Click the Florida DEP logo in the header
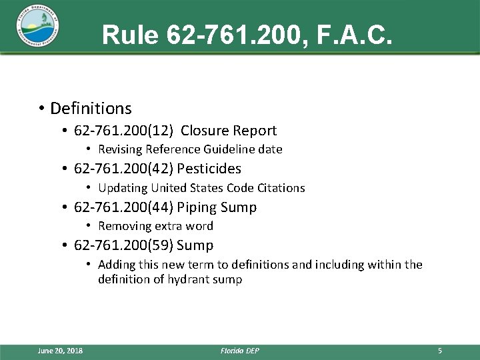pos(37,27)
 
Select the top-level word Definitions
pos(91,108)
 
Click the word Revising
pos(121,149)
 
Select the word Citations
pos(279,188)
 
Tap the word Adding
pos(115,265)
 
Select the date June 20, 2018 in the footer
pos(61,351)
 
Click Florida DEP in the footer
pos(239,351)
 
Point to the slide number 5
pos(440,351)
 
